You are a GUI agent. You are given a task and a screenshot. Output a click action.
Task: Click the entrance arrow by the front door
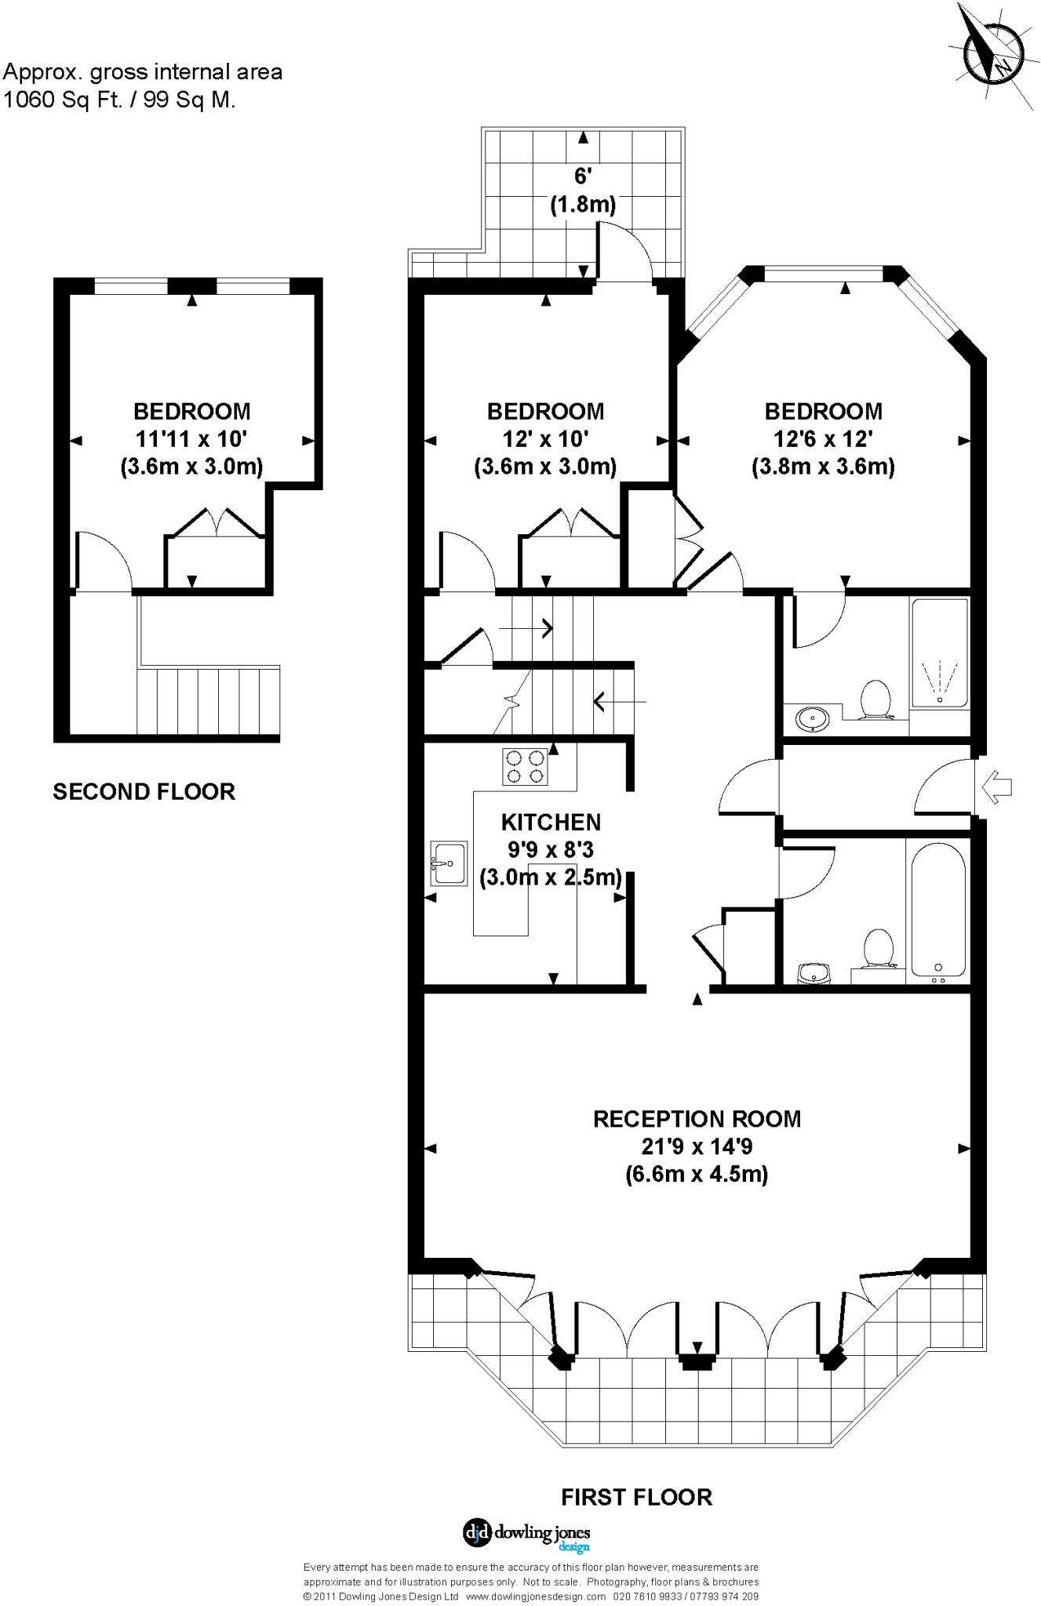click(998, 787)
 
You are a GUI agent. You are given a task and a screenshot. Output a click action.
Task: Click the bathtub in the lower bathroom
click(938, 909)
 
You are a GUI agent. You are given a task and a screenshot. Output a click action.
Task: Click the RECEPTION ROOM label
click(697, 1118)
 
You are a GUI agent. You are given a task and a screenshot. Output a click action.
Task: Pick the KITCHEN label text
click(551, 822)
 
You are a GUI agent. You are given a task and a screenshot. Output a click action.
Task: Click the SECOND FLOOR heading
click(144, 791)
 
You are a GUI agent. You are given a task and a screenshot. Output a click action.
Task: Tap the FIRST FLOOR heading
click(636, 1497)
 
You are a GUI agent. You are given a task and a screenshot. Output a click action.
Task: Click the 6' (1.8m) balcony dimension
click(582, 191)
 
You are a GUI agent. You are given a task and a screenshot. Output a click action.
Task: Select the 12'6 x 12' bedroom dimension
click(823, 438)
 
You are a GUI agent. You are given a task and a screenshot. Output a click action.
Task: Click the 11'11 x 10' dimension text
click(191, 438)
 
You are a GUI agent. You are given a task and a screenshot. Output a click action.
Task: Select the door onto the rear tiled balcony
click(625, 253)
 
